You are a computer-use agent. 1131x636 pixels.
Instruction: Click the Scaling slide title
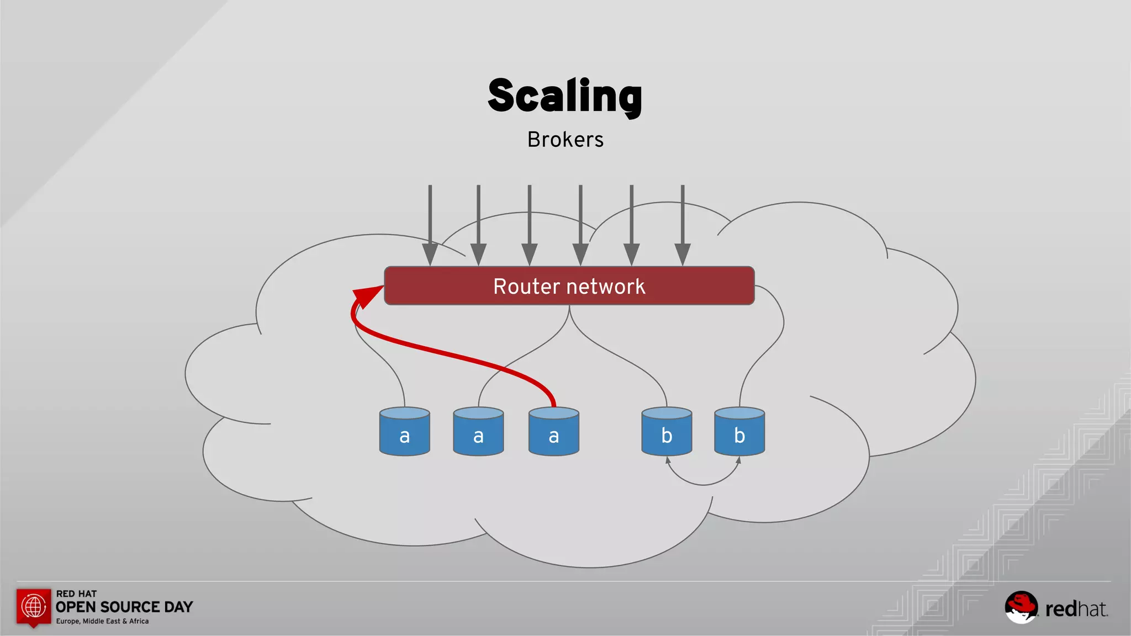[x=565, y=96]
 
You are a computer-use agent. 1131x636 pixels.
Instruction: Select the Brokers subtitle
[x=565, y=140]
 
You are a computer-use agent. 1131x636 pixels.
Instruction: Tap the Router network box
[x=569, y=286]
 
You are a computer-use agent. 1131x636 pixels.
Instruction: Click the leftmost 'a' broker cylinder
[x=404, y=432]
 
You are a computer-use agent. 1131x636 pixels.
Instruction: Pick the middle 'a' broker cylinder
[x=478, y=432]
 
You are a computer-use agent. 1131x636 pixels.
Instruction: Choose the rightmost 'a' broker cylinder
[x=553, y=432]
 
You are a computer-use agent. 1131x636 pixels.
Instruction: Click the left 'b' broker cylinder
[x=667, y=432]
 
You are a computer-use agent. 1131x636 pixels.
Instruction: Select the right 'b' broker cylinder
[x=739, y=432]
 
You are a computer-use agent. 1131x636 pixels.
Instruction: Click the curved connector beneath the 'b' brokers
[x=703, y=484]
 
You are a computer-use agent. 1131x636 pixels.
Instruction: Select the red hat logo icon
[x=1021, y=607]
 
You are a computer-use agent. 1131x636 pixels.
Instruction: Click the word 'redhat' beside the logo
[x=1076, y=609]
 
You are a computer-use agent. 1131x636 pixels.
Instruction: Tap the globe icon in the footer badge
[x=34, y=606]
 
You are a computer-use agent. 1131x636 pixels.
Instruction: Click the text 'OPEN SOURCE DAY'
[x=124, y=607]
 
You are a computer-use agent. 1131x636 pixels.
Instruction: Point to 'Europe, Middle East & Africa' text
[x=102, y=621]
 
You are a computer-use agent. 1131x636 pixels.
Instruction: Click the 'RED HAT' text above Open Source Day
[x=76, y=593]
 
